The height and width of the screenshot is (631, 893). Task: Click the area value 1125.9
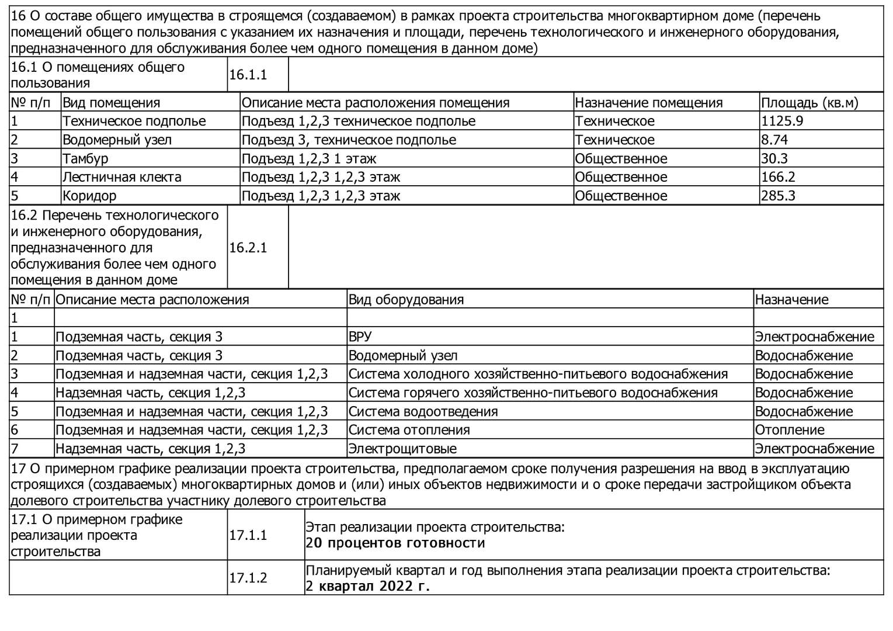click(782, 121)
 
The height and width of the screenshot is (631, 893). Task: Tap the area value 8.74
click(774, 140)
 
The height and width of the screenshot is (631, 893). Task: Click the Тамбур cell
click(85, 158)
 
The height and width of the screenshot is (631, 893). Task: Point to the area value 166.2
click(778, 177)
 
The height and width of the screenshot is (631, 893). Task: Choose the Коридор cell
click(89, 196)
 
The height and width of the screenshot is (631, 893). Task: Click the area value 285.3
click(778, 196)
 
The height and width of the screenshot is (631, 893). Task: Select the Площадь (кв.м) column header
click(809, 103)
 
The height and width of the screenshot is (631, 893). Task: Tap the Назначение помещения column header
click(648, 103)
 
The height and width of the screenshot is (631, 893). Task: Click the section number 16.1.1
click(248, 75)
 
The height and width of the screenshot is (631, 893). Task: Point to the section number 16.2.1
click(248, 248)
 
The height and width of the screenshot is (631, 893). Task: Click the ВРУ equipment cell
click(360, 337)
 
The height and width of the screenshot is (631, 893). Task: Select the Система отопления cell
click(409, 430)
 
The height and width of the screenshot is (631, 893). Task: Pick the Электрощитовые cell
click(402, 449)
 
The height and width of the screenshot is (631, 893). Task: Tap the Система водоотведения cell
click(423, 411)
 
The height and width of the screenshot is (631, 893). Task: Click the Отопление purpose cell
click(790, 430)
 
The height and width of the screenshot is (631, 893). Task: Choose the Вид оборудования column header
click(406, 300)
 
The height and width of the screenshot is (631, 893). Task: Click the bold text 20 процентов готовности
click(395, 543)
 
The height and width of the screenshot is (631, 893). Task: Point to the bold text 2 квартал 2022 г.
click(368, 586)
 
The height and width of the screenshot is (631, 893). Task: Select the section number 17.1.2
click(248, 578)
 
